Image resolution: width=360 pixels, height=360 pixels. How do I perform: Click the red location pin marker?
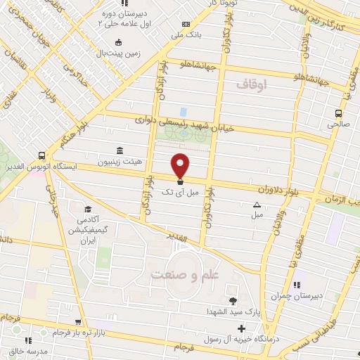[x=181, y=165]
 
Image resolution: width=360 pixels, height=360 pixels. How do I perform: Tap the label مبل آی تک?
[x=176, y=192]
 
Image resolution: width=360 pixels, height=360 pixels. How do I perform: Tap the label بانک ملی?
[x=190, y=34]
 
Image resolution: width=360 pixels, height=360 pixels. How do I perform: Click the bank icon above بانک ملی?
[x=185, y=24]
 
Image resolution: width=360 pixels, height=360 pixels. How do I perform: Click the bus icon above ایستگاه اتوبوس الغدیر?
[x=42, y=156]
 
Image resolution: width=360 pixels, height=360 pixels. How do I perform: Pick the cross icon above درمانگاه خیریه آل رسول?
[x=241, y=328]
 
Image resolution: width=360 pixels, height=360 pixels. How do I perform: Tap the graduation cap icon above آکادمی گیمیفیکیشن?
[x=88, y=210]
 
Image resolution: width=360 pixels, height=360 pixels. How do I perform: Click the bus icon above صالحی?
[x=340, y=112]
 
